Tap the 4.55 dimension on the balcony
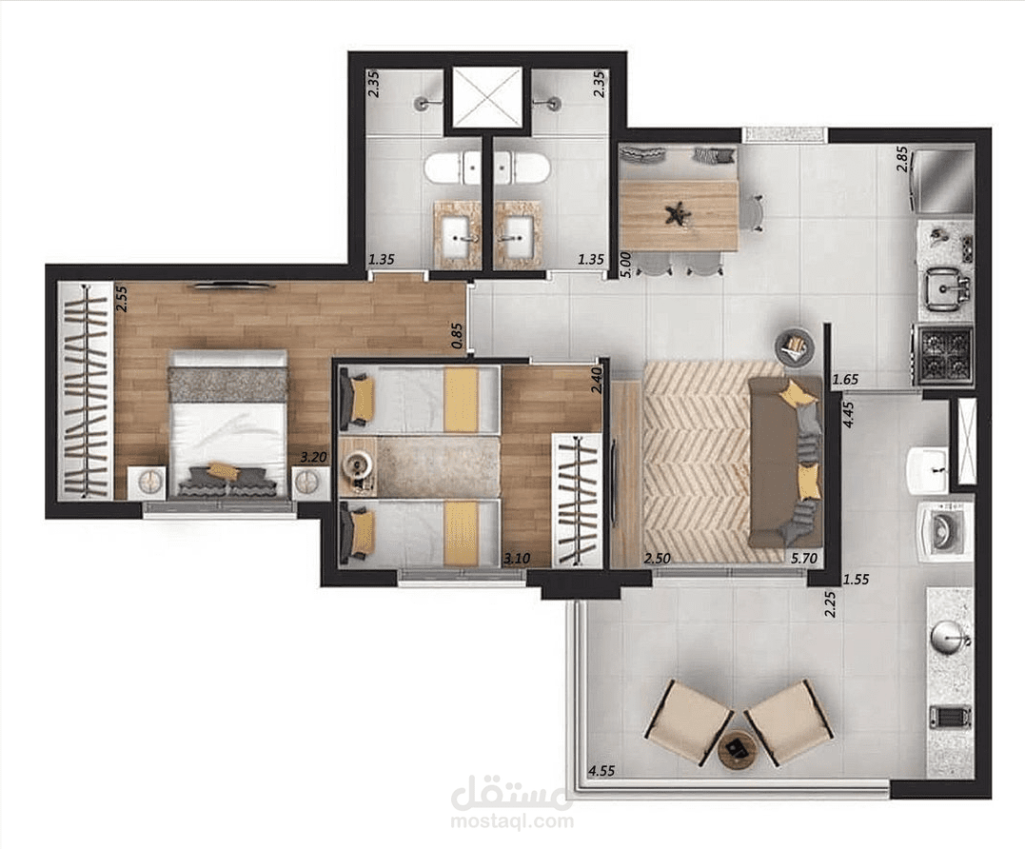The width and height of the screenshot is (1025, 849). click(601, 771)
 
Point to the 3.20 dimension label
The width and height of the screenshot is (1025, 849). click(314, 457)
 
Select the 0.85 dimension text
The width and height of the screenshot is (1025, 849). click(458, 336)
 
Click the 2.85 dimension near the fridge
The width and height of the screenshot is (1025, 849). click(902, 159)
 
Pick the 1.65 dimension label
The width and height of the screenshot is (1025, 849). click(845, 379)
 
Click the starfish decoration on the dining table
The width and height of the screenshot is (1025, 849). click(673, 215)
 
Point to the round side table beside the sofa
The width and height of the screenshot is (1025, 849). click(795, 346)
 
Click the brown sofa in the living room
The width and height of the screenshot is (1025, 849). click(785, 462)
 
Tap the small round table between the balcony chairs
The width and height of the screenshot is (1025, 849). click(738, 749)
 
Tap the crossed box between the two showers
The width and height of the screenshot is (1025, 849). click(487, 97)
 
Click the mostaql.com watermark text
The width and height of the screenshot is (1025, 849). click(512, 820)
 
